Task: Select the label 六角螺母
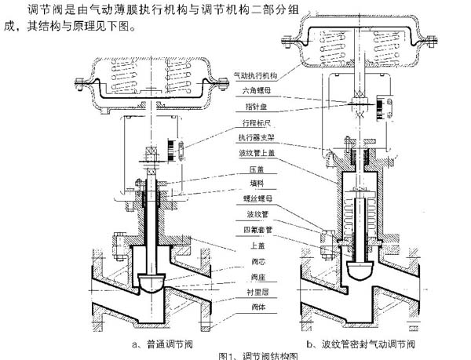pyautogui.click(x=252, y=92)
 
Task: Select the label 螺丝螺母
pyautogui.click(x=250, y=200)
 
